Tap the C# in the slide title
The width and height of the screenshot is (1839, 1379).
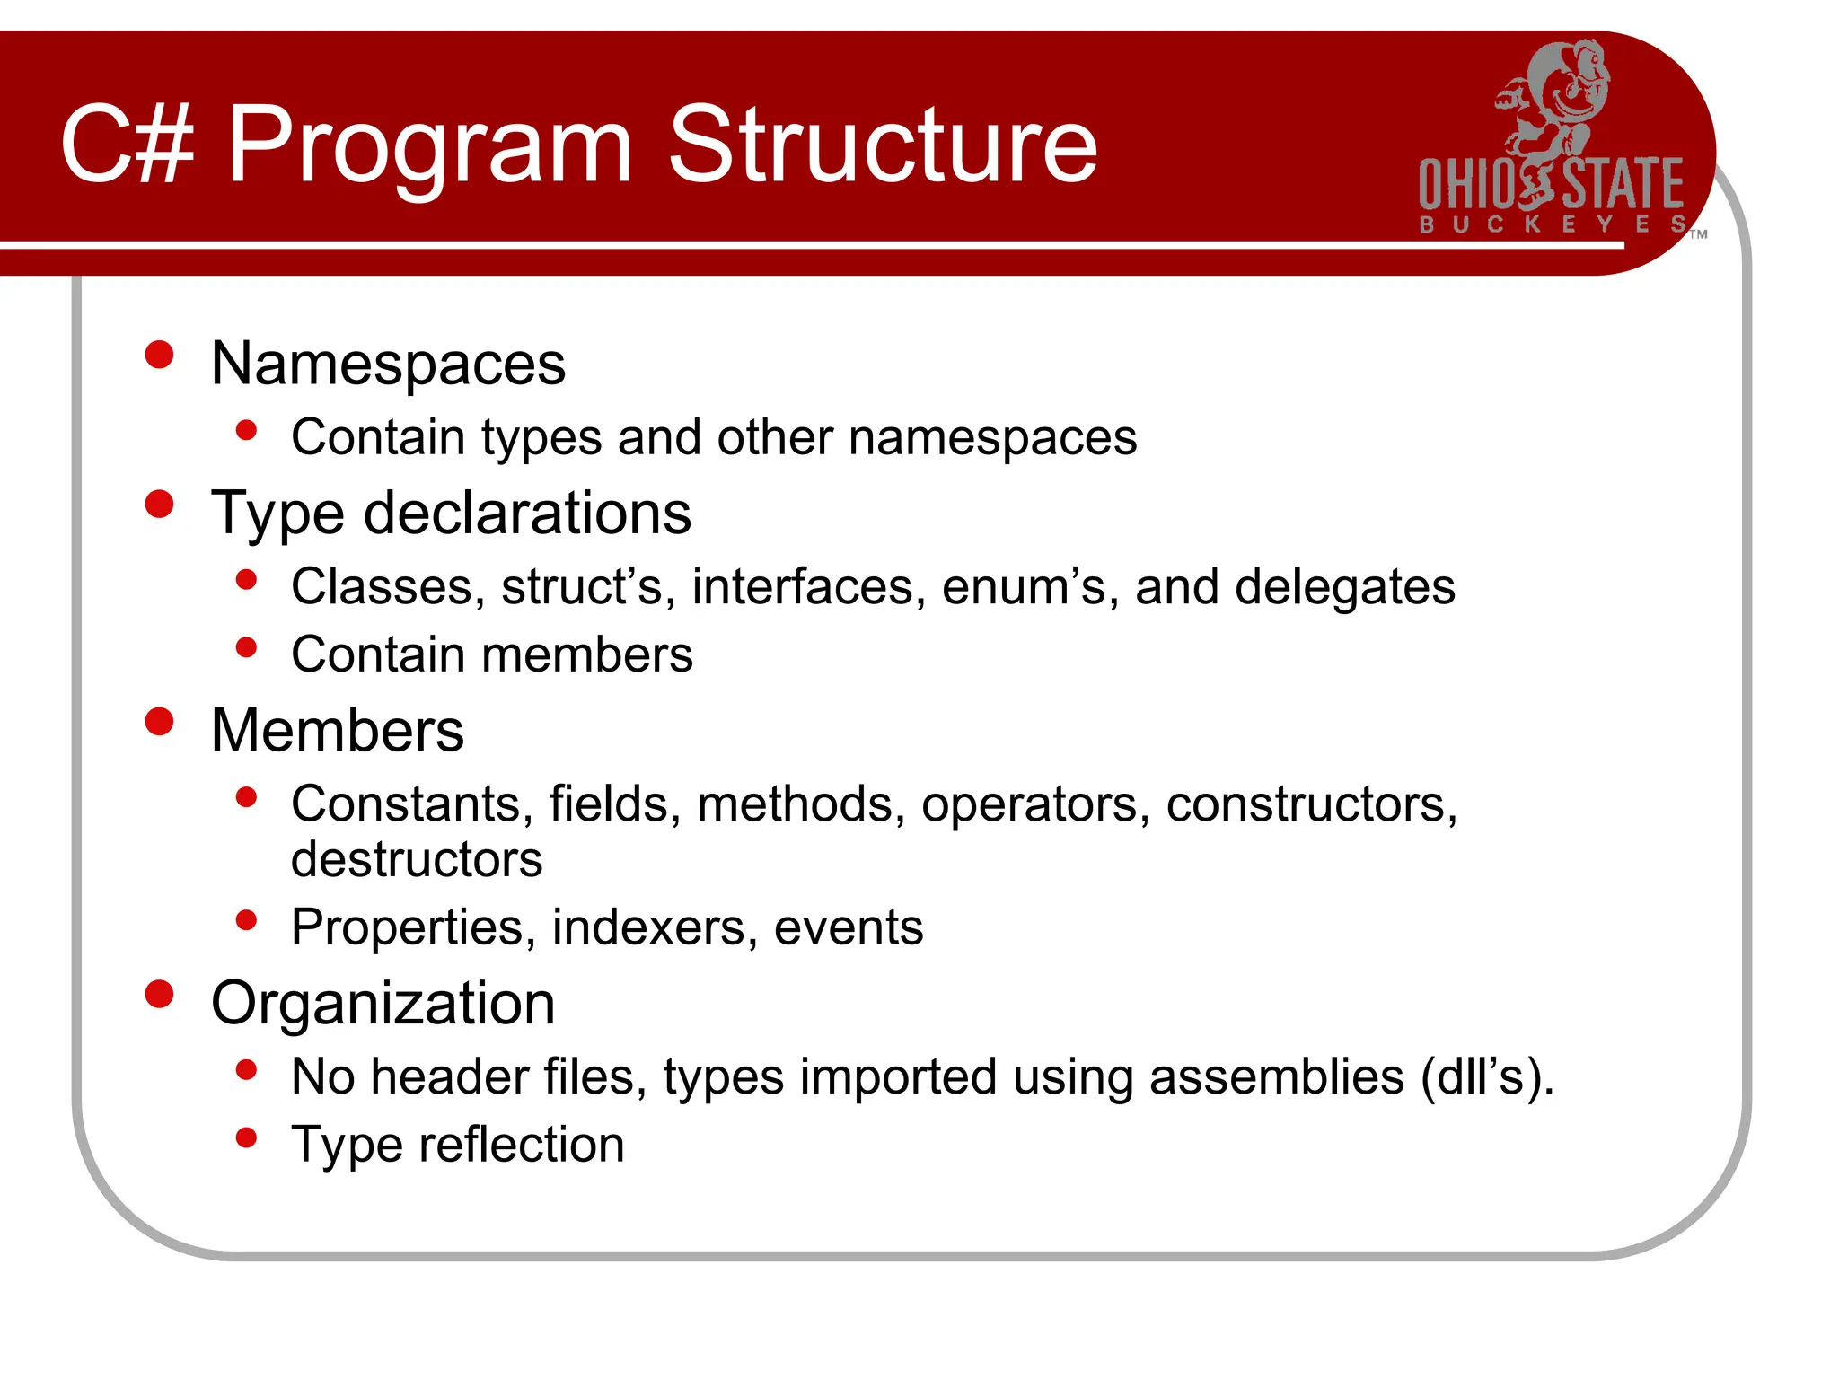(127, 145)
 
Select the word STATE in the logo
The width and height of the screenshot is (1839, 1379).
(1623, 185)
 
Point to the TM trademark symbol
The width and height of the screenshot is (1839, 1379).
(1698, 235)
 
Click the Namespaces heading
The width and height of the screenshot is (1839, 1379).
(388, 364)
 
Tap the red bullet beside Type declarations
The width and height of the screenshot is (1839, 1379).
(159, 505)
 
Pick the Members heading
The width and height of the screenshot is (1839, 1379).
(338, 730)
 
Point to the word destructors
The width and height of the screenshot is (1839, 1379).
(417, 859)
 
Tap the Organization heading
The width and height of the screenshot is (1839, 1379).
(383, 1003)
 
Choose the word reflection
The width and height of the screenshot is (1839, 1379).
(522, 1145)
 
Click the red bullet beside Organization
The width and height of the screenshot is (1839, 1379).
(159, 994)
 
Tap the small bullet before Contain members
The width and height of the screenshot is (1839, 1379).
(246, 647)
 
